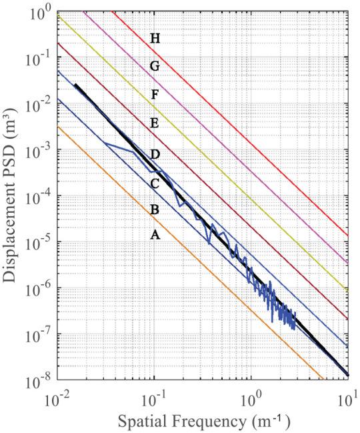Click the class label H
[x=155, y=39]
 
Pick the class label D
[x=155, y=155]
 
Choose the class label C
[x=154, y=182]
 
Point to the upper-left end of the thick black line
[x=76, y=85]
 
